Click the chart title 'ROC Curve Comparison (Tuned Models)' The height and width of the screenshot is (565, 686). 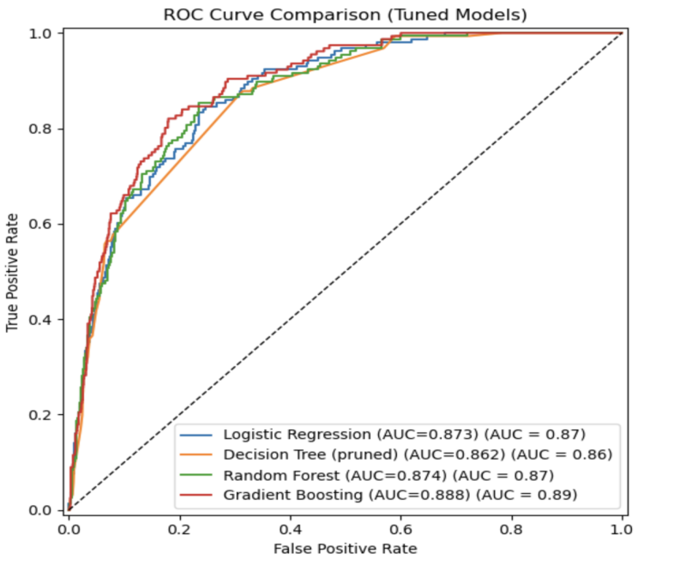point(344,15)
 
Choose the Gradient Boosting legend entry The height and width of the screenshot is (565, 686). point(400,495)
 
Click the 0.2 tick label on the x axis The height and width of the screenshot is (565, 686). point(179,526)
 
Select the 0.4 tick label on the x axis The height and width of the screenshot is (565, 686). point(290,526)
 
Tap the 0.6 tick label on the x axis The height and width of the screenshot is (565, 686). point(400,526)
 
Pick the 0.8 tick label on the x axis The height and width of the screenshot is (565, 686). point(511,526)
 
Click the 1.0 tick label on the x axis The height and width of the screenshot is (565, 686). point(622,526)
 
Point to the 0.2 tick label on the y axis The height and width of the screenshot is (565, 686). point(41,415)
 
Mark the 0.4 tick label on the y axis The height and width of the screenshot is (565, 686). point(41,320)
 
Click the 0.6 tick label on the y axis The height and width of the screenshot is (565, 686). point(41,224)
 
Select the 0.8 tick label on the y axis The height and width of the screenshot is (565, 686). point(41,129)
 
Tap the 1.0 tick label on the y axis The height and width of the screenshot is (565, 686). point(41,33)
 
